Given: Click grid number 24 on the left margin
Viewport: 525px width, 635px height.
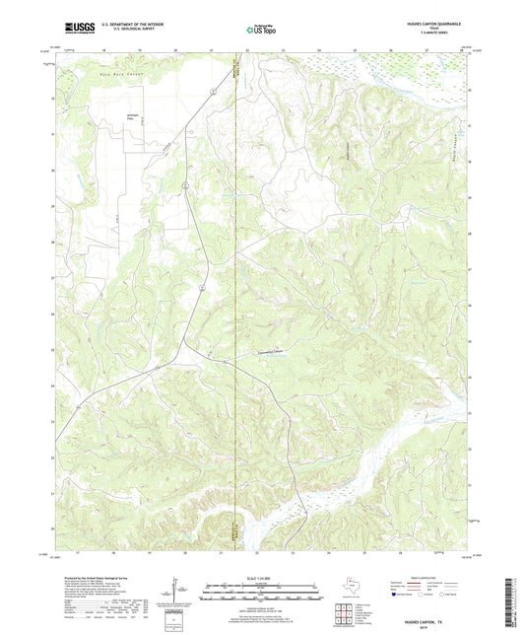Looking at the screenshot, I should pos(51,386).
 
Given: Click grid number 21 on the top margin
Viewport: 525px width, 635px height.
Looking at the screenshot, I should pos(211,49).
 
